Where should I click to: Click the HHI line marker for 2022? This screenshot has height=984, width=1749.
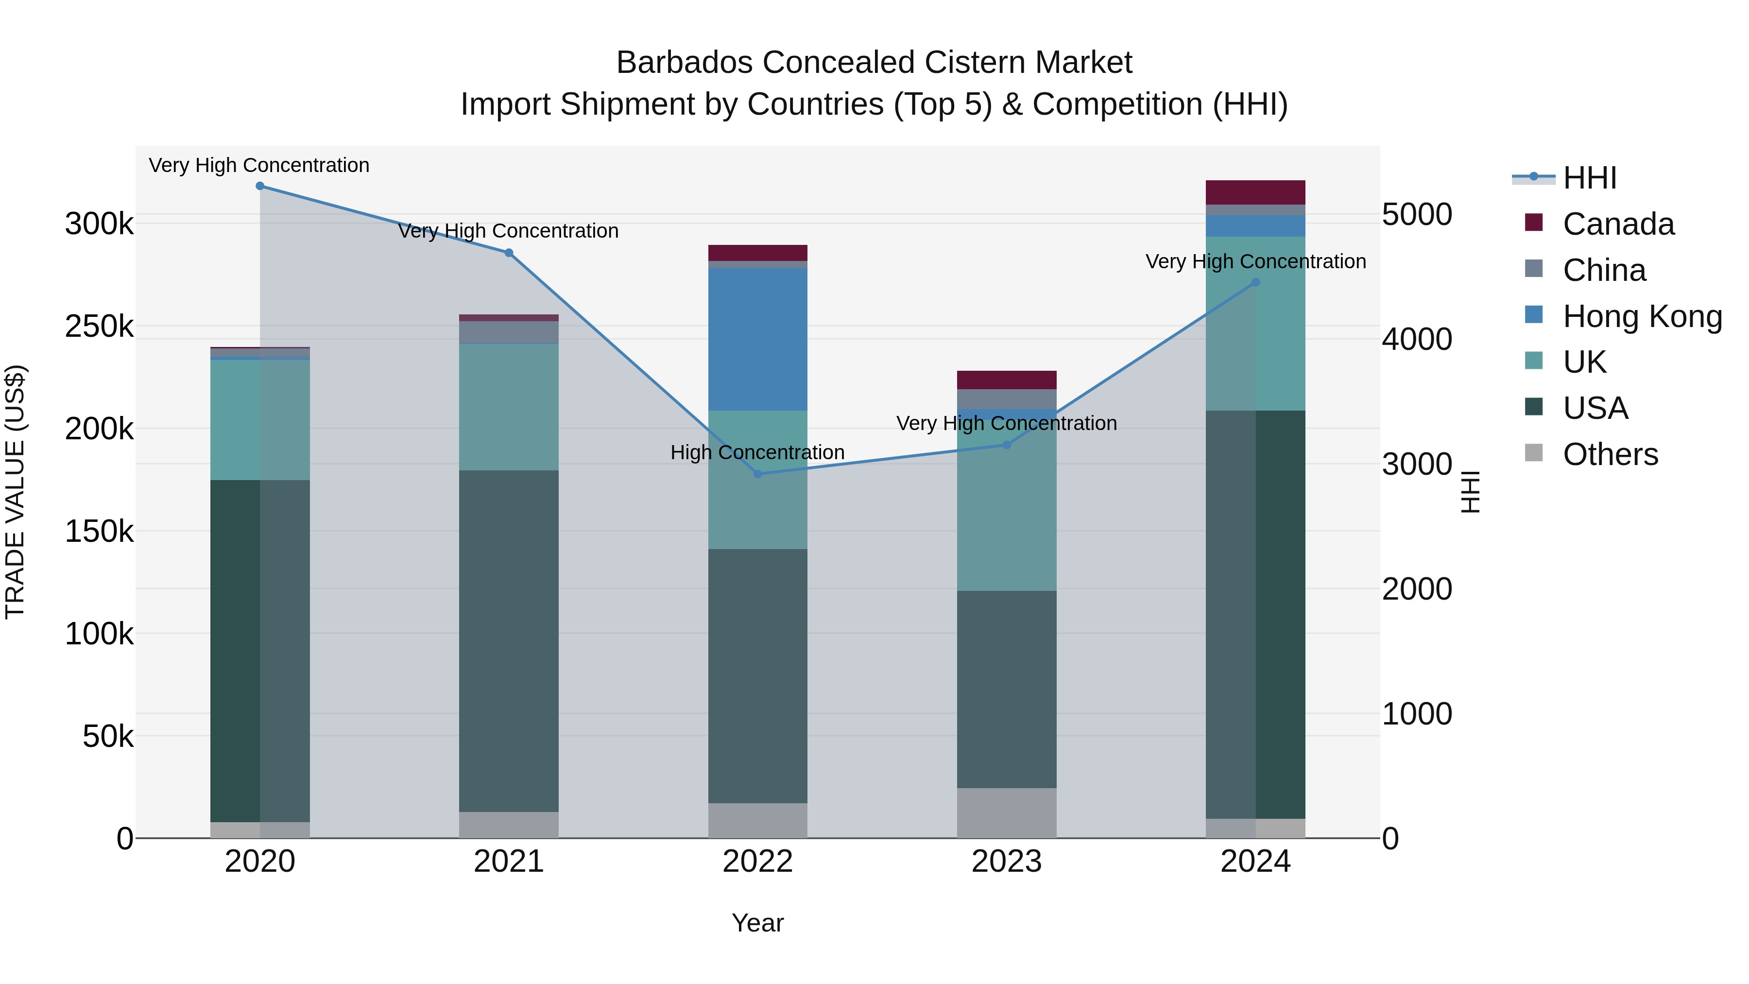758,474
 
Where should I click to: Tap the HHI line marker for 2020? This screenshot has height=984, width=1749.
260,186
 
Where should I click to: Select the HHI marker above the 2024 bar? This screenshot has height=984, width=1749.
1255,282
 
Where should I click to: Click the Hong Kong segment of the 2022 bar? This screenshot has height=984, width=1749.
758,340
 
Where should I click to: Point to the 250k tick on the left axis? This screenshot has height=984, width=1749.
99,327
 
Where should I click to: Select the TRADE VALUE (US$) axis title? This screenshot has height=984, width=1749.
15,492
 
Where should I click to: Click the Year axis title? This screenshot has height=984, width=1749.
758,923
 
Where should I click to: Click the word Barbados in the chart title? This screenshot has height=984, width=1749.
685,63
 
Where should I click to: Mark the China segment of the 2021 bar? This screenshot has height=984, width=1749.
509,333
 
